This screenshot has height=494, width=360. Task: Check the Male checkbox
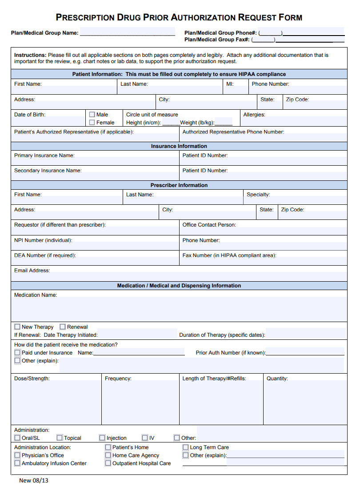(92, 115)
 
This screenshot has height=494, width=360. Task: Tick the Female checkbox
(92, 123)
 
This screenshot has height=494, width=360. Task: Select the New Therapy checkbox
(17, 327)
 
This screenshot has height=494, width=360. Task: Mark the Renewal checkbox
(63, 327)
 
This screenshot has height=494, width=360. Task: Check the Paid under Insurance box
(17, 353)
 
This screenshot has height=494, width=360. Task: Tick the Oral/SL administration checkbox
(17, 438)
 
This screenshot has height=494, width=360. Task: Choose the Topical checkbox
(60, 438)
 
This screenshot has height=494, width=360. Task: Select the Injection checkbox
(102, 438)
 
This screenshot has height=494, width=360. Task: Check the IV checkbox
(145, 438)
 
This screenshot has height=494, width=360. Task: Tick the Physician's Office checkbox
(17, 455)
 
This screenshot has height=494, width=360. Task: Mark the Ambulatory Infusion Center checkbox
(17, 463)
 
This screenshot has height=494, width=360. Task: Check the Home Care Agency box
(108, 455)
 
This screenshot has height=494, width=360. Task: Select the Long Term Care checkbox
(186, 447)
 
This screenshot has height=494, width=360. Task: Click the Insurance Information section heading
(179, 146)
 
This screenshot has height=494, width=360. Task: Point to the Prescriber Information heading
(179, 185)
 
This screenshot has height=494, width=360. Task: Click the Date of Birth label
(30, 115)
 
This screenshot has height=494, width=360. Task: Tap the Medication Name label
(36, 295)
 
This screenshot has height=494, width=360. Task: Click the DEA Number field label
(45, 255)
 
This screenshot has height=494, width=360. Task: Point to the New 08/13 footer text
(34, 481)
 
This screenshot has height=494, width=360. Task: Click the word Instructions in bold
(30, 55)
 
